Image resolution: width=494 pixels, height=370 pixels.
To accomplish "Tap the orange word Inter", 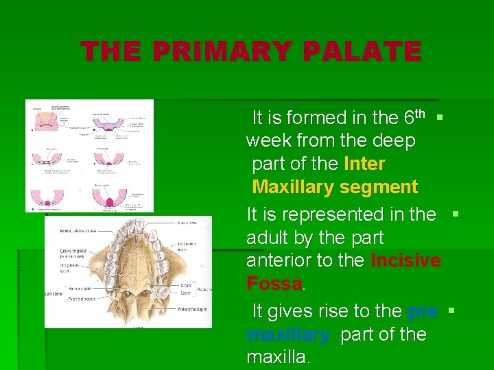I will tap(364, 164).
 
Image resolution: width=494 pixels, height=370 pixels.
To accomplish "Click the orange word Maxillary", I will tap(295, 187).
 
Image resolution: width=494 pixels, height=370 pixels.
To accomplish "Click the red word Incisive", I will tap(405, 261).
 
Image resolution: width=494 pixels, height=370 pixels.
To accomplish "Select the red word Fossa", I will tap(274, 284).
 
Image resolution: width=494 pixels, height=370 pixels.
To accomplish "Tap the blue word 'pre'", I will tap(423, 311).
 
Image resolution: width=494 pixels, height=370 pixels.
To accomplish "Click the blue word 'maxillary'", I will tap(288, 334).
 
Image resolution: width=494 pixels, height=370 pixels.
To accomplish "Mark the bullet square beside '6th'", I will tap(440, 118).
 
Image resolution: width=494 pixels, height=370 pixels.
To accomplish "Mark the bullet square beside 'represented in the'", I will tap(456, 214).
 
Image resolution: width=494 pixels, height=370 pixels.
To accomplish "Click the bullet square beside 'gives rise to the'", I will tap(451, 311).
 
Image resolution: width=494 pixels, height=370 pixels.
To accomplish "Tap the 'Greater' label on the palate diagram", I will tap(186, 284).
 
